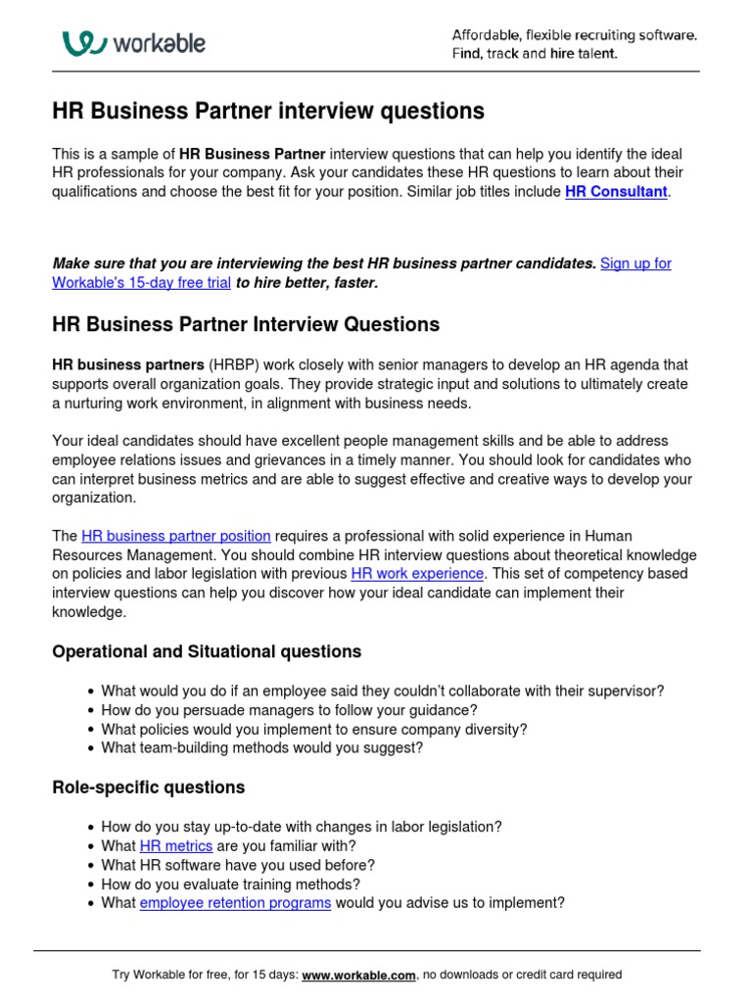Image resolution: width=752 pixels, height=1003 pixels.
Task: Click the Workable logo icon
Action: pos(84,43)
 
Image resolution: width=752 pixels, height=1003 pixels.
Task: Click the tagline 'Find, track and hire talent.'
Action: pos(535,54)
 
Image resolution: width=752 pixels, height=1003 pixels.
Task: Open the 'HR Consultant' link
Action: pos(616,192)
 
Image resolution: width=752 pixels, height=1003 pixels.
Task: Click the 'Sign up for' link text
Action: pos(635,263)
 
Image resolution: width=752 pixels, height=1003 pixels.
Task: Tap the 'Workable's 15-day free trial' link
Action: pos(142,283)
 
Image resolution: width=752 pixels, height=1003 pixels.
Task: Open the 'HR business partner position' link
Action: pos(176,536)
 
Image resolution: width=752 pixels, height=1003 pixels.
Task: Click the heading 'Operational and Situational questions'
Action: pos(207,651)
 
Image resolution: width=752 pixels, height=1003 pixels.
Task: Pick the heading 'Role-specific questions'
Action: pos(149,788)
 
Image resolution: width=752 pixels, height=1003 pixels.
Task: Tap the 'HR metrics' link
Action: pos(176,846)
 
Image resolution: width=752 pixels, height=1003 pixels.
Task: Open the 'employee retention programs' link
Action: pos(235,903)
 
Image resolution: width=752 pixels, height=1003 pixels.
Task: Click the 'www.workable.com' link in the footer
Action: pos(359,975)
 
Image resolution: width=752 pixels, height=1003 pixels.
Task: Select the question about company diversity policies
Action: pos(313,730)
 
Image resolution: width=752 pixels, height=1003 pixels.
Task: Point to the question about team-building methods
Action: pos(262,748)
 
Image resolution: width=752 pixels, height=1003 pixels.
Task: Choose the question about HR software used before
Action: pos(238,866)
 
